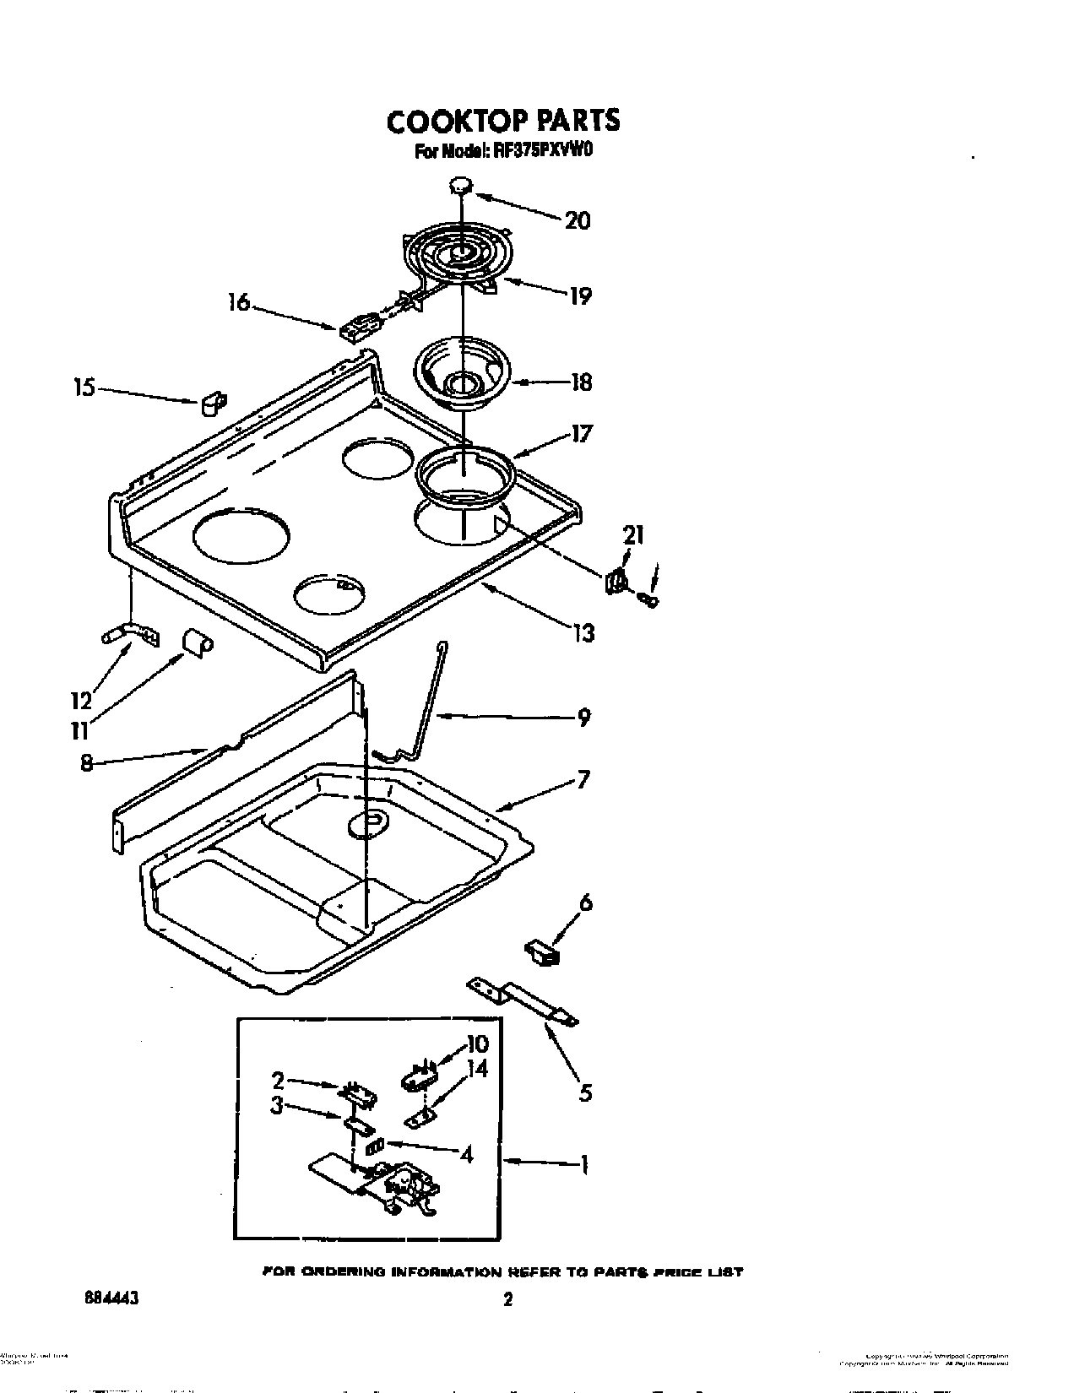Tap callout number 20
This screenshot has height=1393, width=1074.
point(577,221)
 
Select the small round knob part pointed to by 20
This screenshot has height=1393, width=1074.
point(460,186)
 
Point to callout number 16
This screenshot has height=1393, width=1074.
point(240,302)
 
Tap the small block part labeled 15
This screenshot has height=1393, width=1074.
point(210,404)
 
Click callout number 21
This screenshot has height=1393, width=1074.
point(633,534)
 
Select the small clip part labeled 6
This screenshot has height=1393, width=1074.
point(540,952)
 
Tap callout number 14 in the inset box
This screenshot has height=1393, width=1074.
point(477,1069)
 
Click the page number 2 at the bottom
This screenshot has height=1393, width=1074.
point(507,1300)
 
